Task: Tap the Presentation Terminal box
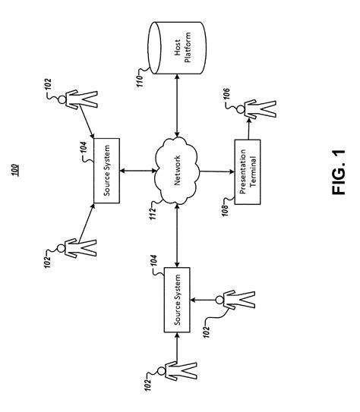tap(249, 171)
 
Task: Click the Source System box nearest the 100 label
tap(106, 171)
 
